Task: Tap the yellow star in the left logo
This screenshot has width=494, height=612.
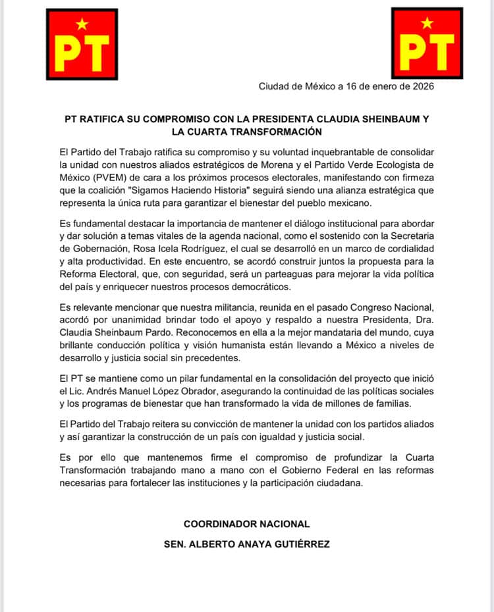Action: (82, 25)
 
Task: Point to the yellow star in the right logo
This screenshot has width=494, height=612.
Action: (427, 24)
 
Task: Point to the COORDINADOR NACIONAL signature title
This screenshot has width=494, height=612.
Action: (246, 524)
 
